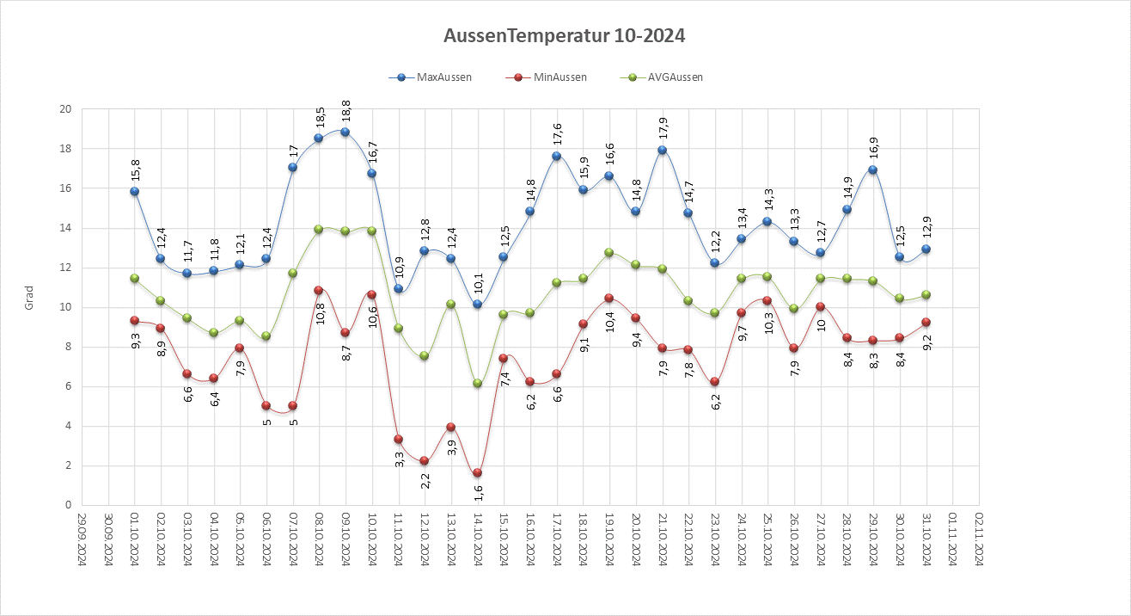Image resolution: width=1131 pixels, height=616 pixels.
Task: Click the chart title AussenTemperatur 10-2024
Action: (565, 36)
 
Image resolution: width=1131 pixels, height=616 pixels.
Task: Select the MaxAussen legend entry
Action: (433, 77)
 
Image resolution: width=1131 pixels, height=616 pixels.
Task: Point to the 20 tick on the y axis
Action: (64, 109)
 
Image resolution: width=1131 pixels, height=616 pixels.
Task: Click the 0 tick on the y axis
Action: (67, 505)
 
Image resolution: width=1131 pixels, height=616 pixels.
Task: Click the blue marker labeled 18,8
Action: (345, 132)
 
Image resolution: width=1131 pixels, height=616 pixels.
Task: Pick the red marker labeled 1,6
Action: (478, 473)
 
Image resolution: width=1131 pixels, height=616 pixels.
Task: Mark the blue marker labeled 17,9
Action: (663, 150)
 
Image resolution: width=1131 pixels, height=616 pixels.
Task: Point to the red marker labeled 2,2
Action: (425, 461)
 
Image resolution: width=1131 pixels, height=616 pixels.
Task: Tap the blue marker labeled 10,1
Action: (478, 305)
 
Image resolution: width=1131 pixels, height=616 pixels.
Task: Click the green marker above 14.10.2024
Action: (478, 383)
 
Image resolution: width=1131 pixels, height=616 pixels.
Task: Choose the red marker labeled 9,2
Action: (926, 323)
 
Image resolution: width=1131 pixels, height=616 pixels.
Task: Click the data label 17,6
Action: (557, 134)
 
